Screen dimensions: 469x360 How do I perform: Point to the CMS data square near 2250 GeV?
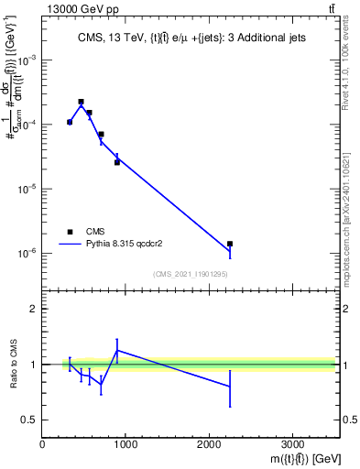pyautogui.click(x=230, y=244)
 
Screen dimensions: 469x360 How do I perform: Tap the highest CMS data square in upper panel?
pyautogui.click(x=81, y=102)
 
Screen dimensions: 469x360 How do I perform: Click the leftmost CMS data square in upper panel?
pyautogui.click(x=70, y=122)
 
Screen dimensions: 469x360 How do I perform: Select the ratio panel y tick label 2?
pyautogui.click(x=34, y=309)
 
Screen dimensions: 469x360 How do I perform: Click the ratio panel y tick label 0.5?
pyautogui.click(x=29, y=420)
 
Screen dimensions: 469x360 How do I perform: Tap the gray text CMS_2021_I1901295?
pyautogui.click(x=191, y=274)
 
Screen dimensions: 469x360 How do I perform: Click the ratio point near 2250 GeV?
pyautogui.click(x=230, y=387)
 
